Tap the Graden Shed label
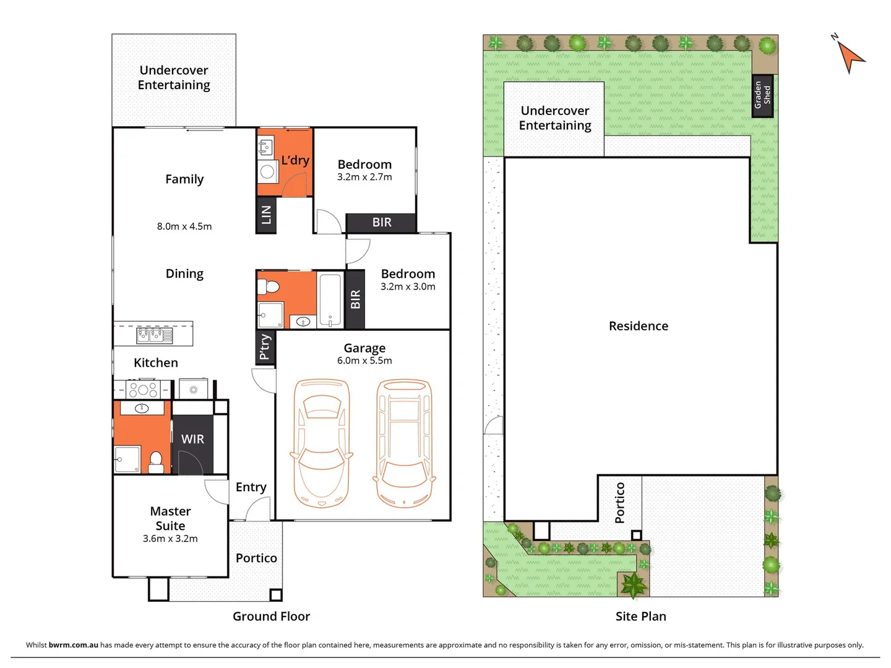tap(762, 95)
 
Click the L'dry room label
tap(295, 160)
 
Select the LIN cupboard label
tap(266, 215)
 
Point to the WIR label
tap(192, 439)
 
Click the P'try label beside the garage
tap(265, 346)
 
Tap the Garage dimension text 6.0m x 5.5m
tap(364, 361)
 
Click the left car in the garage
tap(322, 443)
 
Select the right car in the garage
tap(405, 443)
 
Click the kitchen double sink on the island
tap(155, 335)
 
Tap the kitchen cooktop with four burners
tap(143, 390)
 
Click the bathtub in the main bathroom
tap(330, 299)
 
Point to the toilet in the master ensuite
tap(156, 461)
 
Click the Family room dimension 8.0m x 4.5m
tap(184, 226)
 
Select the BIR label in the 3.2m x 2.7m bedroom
tap(382, 223)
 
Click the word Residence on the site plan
tap(639, 326)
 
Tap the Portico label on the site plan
tap(620, 503)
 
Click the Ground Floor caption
tap(271, 616)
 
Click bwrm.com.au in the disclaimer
tap(73, 644)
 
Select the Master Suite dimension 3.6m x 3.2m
tap(170, 539)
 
